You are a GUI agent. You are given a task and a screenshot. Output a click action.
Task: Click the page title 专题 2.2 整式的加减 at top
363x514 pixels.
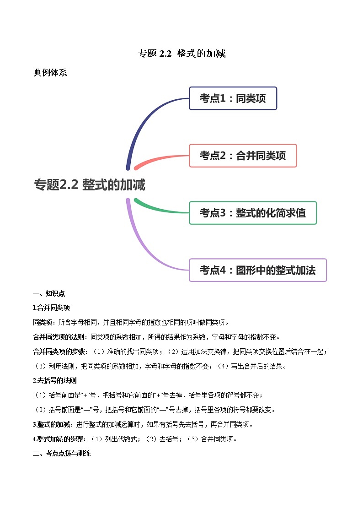tap(181, 53)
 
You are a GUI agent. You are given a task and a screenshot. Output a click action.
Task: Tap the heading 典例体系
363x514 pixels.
tap(50, 72)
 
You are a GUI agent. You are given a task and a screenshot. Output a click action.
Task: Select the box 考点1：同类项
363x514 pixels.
tap(233, 98)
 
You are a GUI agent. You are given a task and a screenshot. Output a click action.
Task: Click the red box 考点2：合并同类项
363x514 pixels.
tap(243, 156)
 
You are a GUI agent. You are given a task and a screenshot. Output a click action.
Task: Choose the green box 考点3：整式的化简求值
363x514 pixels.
tap(253, 213)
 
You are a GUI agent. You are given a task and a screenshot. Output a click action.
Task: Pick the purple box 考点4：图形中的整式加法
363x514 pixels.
tap(258, 270)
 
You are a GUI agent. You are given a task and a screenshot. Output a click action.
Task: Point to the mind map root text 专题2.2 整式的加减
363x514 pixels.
tap(90, 184)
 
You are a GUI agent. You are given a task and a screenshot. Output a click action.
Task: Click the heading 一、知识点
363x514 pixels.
tap(49, 293)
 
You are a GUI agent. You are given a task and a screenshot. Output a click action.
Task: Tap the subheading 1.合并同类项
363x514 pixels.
tap(51, 308)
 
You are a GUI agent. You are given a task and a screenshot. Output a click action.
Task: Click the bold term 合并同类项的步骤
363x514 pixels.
tap(59, 352)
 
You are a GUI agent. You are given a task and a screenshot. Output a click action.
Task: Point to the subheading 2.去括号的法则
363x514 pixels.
tap(55, 381)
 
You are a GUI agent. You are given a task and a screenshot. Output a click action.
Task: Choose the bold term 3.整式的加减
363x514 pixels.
tap(51, 424)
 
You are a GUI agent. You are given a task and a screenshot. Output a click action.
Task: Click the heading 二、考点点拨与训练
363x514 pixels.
tap(62, 454)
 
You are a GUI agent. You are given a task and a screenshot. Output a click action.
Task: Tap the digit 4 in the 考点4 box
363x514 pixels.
tap(223, 270)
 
